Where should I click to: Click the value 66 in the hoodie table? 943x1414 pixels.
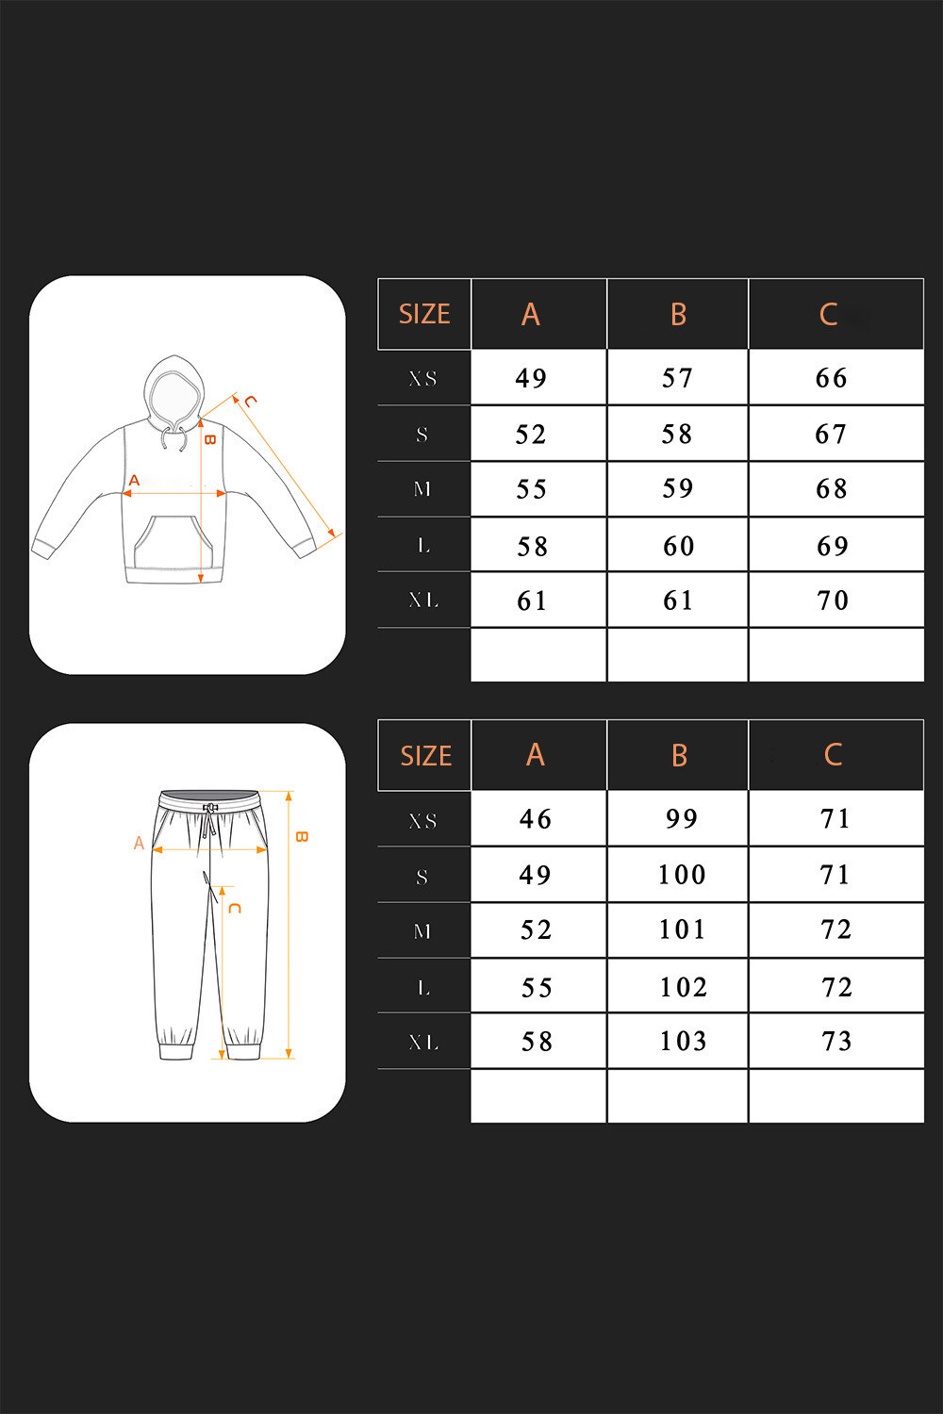831,377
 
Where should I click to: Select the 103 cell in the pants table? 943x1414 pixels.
683,1041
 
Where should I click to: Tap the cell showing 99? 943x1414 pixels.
681,819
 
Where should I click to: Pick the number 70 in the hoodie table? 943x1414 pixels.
832,600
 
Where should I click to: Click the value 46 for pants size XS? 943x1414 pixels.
535,819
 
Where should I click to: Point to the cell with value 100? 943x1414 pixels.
682,874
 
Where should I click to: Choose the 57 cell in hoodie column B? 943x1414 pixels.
677,377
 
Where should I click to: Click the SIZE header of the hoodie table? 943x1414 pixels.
424,314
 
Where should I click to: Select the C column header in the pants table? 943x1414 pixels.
833,754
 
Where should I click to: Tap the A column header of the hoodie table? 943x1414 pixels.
531,314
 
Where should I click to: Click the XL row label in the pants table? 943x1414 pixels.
423,1042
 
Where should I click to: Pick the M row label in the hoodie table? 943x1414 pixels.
422,488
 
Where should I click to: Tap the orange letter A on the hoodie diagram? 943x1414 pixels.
134,481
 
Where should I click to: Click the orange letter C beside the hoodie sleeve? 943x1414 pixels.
250,401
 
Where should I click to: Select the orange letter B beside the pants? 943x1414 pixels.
302,837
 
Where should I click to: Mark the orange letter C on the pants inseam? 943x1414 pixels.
234,908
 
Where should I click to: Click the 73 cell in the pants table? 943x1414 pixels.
836,1041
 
